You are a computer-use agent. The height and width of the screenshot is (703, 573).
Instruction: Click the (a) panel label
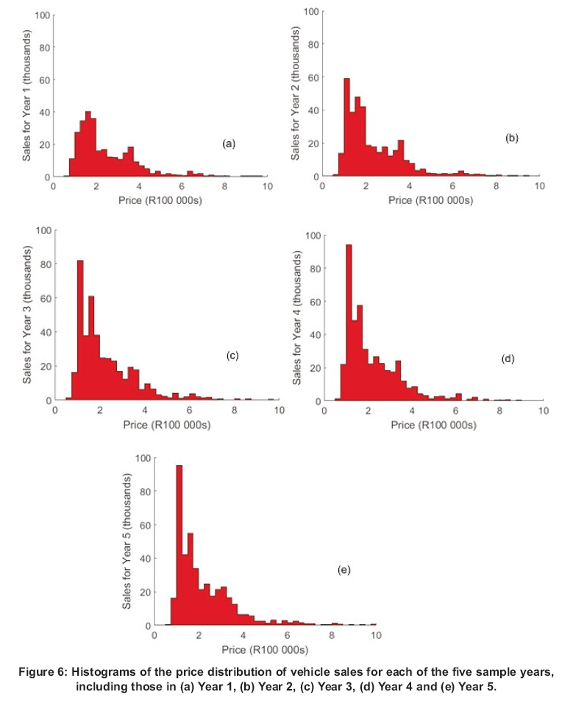tap(229, 144)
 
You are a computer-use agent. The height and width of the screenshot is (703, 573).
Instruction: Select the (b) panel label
tap(512, 138)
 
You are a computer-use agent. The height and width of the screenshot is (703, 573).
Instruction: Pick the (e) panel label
tap(344, 570)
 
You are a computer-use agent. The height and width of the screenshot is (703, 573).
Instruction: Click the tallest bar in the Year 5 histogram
tap(179, 545)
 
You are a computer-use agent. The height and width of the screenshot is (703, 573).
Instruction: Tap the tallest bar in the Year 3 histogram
tap(80, 331)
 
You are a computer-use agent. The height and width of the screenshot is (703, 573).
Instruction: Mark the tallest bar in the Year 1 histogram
tap(88, 144)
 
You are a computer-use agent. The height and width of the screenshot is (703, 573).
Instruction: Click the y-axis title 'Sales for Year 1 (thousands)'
tap(26, 95)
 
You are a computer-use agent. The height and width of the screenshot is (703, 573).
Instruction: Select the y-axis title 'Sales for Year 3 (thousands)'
tap(26, 314)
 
